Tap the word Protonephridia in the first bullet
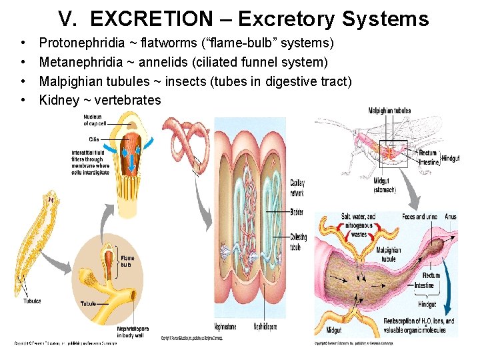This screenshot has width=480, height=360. (82, 43)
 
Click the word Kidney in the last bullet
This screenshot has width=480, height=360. (59, 100)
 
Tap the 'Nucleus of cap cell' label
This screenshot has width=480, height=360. (95, 120)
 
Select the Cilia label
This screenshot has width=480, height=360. (94, 139)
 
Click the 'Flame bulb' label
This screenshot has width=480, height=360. (127, 261)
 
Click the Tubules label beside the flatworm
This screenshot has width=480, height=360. (32, 301)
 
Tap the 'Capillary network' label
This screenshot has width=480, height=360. (297, 187)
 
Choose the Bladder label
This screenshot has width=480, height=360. (297, 212)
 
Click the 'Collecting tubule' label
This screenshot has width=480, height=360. (298, 241)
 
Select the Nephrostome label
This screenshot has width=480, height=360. (225, 327)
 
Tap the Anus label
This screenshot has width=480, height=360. (451, 217)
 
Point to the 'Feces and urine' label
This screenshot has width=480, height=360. (420, 217)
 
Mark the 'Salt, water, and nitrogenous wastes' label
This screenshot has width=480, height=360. (359, 225)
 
